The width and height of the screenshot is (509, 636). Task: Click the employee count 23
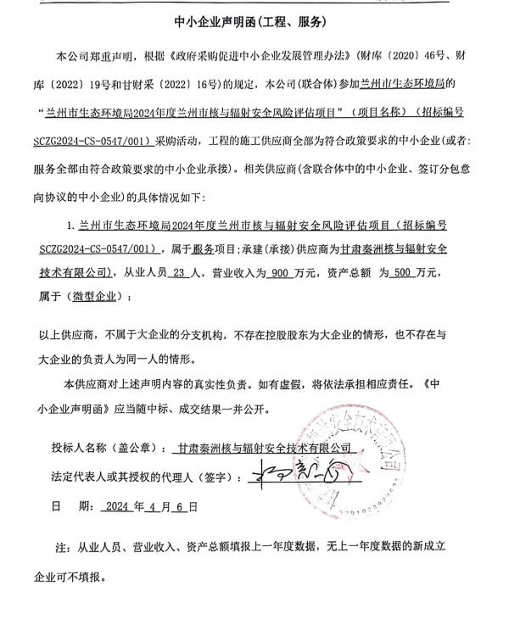click(178, 272)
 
